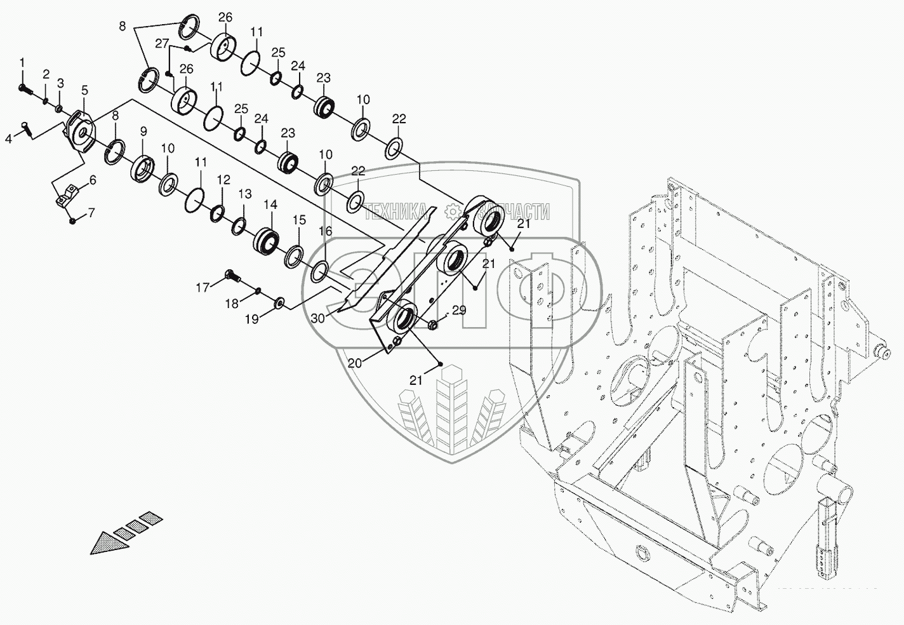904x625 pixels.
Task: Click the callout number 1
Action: click(x=22, y=62)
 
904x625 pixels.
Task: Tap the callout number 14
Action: click(x=270, y=205)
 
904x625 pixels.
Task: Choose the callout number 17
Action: click(x=203, y=288)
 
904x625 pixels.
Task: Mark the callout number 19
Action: click(x=251, y=319)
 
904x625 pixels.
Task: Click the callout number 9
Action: click(x=143, y=131)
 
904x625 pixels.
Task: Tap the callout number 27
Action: click(x=163, y=44)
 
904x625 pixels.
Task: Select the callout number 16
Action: click(x=325, y=231)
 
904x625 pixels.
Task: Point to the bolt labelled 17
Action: click(x=232, y=276)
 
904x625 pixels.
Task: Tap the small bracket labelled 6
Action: click(x=68, y=196)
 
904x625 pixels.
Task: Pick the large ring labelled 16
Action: click(x=319, y=271)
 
